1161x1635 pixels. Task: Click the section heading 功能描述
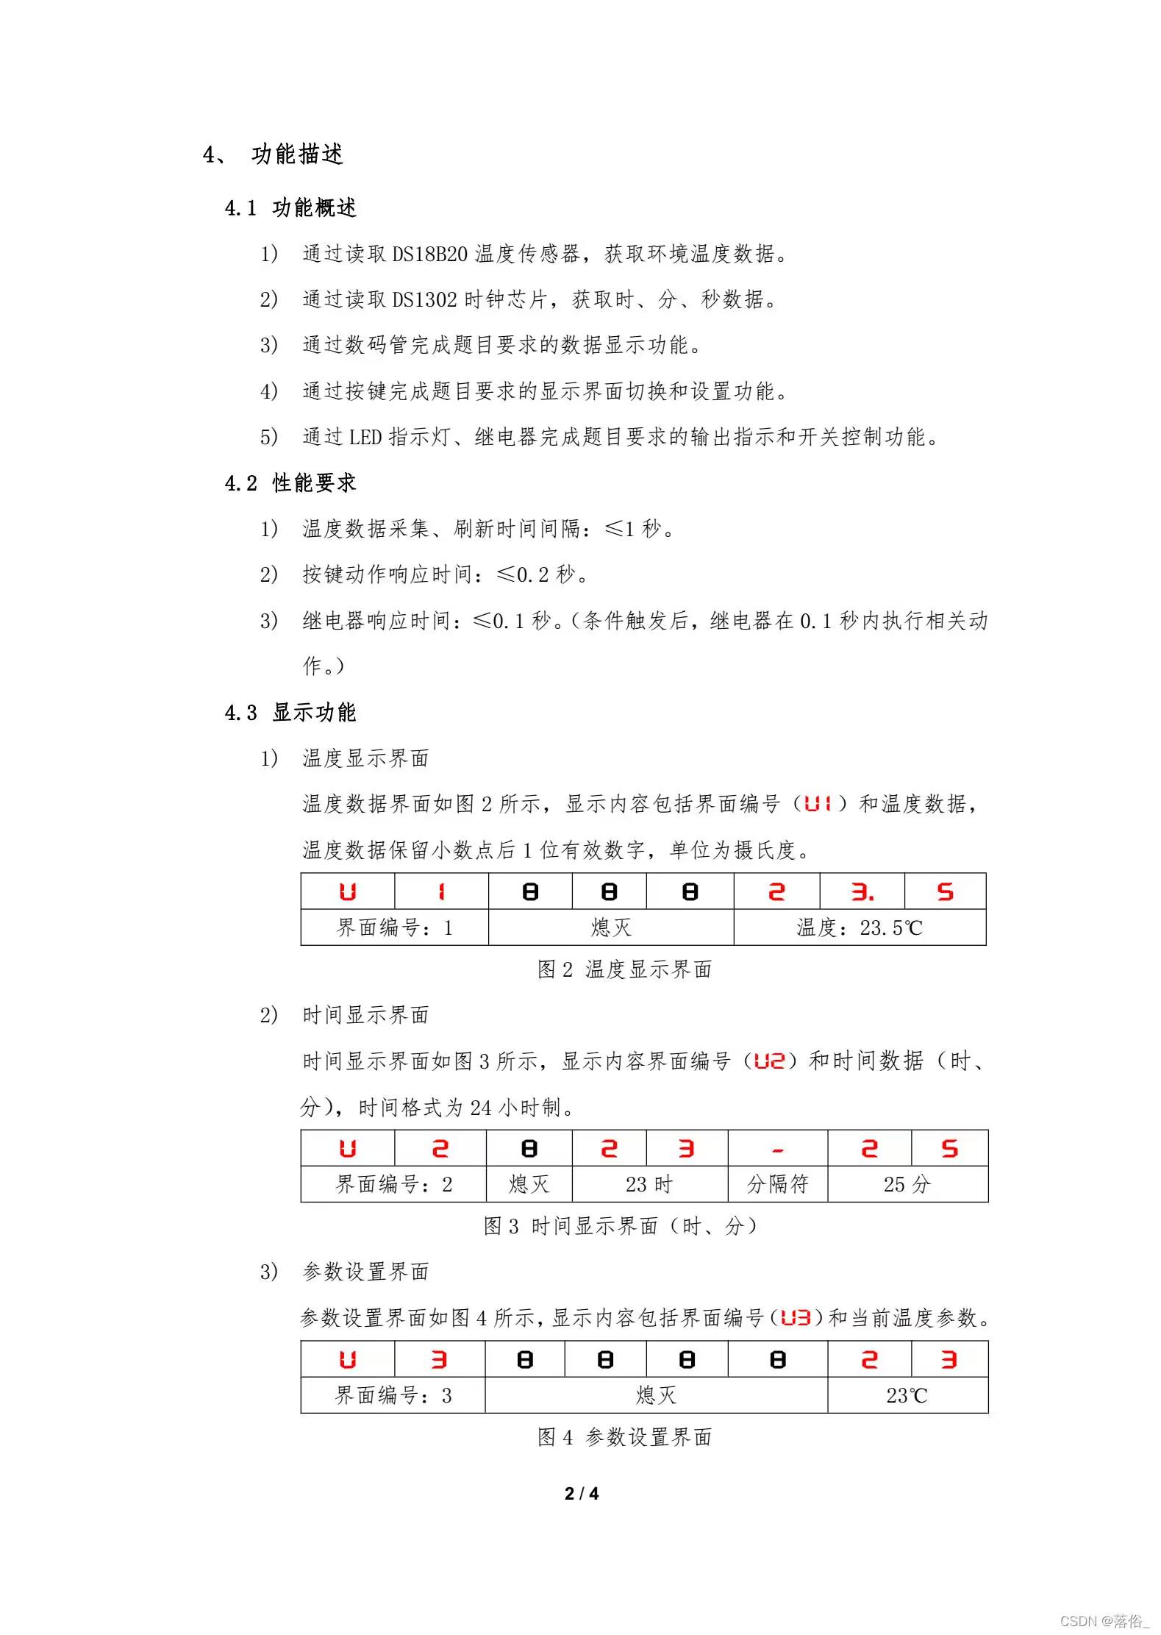[x=296, y=154]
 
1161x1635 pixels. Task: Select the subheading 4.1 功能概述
[x=290, y=208]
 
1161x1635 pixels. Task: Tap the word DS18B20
[x=429, y=254]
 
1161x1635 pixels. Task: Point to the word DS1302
[x=424, y=300]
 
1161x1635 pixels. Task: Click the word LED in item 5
[x=365, y=438]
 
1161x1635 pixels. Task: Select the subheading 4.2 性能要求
[x=290, y=483]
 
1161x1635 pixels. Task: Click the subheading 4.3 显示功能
[x=290, y=713]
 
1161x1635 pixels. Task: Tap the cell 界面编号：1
[x=394, y=928]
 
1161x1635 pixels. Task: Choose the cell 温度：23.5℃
[x=859, y=928]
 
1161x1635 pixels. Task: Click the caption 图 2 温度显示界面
[x=624, y=970]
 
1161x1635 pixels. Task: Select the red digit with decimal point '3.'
[x=862, y=892]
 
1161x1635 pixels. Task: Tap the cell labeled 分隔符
[x=777, y=1184]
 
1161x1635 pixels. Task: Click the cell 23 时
[x=649, y=1184]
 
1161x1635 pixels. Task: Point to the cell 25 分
[x=907, y=1184]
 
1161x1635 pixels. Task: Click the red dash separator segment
[x=777, y=1150]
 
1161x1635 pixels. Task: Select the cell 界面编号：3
[x=393, y=1395]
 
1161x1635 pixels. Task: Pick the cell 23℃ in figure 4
[x=907, y=1395]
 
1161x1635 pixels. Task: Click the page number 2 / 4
[x=581, y=1493]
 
